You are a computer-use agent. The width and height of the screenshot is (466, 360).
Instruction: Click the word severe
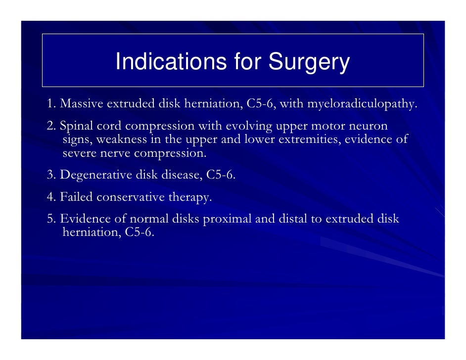(x=79, y=153)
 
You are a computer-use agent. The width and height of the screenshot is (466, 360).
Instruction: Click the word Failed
(x=76, y=197)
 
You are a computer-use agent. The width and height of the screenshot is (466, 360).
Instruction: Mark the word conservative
(x=131, y=197)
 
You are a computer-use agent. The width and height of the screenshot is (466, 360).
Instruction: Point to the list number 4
(x=51, y=197)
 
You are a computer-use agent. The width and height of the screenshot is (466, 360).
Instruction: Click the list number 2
(x=51, y=126)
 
